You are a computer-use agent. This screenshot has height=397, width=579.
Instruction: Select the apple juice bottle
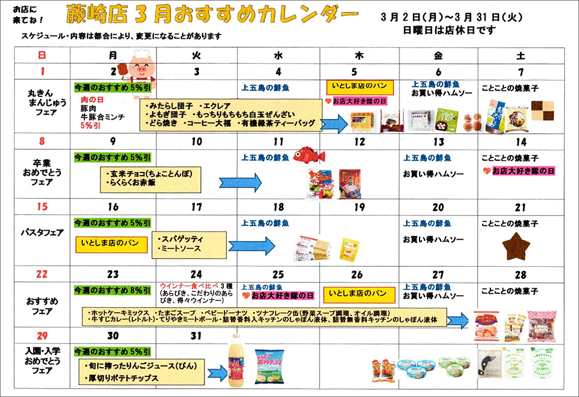pyautogui.click(x=237, y=360)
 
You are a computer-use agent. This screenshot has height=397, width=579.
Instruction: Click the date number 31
pyautogui.click(x=196, y=335)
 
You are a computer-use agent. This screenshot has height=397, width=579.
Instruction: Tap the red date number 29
pyautogui.click(x=41, y=335)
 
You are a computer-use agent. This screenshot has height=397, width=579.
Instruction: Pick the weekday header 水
pyautogui.click(x=278, y=56)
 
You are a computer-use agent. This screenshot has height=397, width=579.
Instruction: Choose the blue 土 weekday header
pyautogui.click(x=520, y=56)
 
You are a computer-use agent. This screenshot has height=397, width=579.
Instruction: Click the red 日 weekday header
pyautogui.click(x=41, y=56)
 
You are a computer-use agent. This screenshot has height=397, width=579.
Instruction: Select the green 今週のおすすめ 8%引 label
pyautogui.click(x=112, y=291)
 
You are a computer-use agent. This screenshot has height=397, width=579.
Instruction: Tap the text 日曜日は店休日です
pyautogui.click(x=449, y=30)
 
